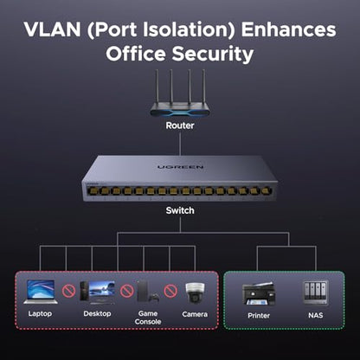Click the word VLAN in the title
point(52,29)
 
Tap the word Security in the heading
point(213,55)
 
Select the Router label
point(180,125)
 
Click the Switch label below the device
point(180,210)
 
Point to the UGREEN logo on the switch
point(181,167)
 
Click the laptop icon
point(41,292)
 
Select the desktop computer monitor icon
point(101,292)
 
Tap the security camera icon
point(195,292)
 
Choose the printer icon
point(259,293)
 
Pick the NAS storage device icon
point(316,292)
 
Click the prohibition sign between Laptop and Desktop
point(68,291)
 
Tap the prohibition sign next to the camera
point(170,291)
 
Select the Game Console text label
point(148,318)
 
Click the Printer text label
point(259,316)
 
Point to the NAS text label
point(316,315)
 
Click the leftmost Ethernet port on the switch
point(93,190)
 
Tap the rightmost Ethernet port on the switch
point(267,190)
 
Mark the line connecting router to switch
point(180,144)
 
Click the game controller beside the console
point(156,298)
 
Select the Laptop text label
point(40,314)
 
